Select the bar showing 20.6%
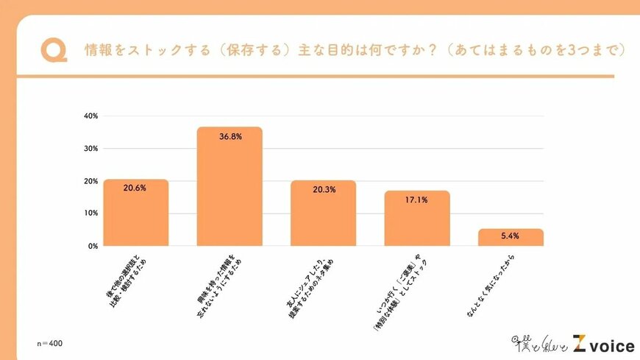135,213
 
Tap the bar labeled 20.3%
324,213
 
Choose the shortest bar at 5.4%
511,237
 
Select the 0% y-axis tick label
93,246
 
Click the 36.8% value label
230,136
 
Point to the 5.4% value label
511,236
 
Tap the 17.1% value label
417,199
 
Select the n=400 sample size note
50,344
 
